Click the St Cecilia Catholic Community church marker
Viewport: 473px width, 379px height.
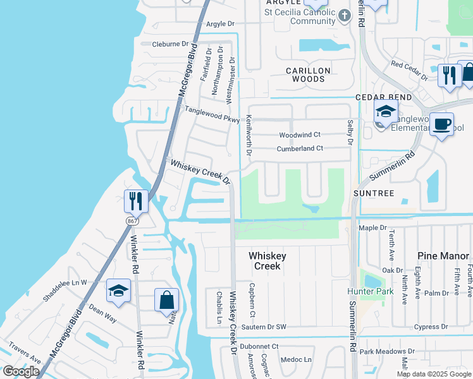[x=344, y=16]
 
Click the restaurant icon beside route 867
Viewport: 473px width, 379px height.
[x=136, y=201]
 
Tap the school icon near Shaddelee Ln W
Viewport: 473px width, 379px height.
[x=118, y=290]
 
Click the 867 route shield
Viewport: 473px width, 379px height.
[x=131, y=221]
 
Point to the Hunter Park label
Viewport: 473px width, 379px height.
[x=370, y=291]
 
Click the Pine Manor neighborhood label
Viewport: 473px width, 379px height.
[x=443, y=256]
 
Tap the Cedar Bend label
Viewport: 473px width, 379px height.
[x=383, y=97]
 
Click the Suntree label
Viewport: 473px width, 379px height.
[x=374, y=193]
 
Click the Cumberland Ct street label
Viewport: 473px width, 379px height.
[x=300, y=149]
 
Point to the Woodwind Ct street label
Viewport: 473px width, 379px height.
[x=300, y=135]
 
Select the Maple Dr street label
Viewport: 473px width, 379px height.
[x=372, y=227]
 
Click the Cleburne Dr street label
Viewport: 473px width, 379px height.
[x=171, y=44]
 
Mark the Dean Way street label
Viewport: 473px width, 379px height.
[x=102, y=313]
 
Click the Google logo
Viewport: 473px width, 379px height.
[x=21, y=371]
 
